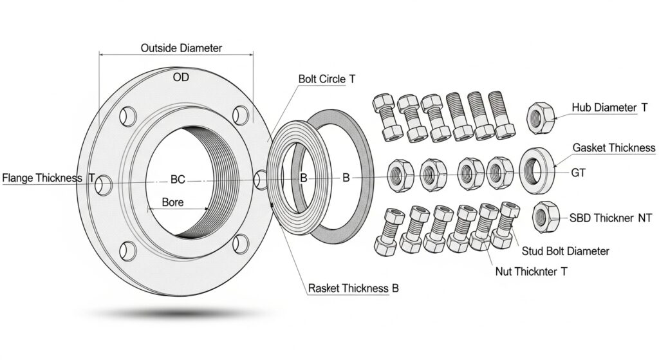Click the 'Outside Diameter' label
coord(181,48)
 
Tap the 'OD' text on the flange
coord(181,78)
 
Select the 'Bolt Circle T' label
coord(327,79)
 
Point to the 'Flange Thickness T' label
coord(48,178)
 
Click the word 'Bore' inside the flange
coord(172,202)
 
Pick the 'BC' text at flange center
coord(178,180)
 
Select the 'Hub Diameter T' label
coord(609,108)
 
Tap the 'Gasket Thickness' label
coord(614,148)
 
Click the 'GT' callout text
coord(579,173)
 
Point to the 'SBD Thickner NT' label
coord(611,218)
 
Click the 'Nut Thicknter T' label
coord(532,272)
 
